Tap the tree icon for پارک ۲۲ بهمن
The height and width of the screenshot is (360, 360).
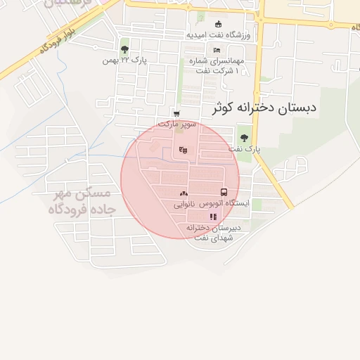(x=124, y=49)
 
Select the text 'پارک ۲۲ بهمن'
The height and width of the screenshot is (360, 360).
(x=124, y=60)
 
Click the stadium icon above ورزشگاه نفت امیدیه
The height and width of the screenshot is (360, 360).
(x=218, y=24)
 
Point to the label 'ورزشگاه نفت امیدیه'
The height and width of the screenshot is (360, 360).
(x=218, y=34)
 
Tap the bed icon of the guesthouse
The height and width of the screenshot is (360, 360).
(x=217, y=50)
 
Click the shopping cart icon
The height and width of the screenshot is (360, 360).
(x=176, y=113)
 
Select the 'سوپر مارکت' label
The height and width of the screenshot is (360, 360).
(x=175, y=124)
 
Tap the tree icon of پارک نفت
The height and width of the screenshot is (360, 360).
(x=244, y=138)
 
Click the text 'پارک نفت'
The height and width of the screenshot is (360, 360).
(x=244, y=149)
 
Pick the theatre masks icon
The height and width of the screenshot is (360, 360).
(x=184, y=149)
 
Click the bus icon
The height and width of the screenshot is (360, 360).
(x=224, y=192)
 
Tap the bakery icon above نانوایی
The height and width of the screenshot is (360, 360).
(x=184, y=193)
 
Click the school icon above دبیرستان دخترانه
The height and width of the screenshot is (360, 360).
(x=213, y=217)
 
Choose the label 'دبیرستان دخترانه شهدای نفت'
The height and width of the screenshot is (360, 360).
(x=214, y=233)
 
